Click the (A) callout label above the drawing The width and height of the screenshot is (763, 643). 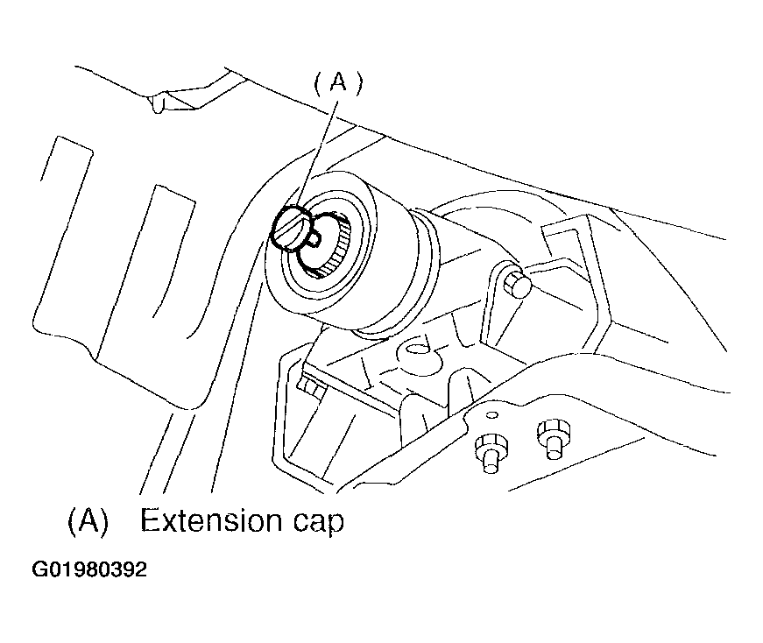pyautogui.click(x=339, y=82)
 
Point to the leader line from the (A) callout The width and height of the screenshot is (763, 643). pyautogui.click(x=317, y=153)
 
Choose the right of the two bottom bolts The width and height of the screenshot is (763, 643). pyautogui.click(x=554, y=439)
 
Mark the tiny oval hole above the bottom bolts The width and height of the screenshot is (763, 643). pyautogui.click(x=492, y=414)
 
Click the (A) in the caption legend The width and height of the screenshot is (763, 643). pyautogui.click(x=88, y=521)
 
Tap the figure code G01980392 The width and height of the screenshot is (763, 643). pyautogui.click(x=89, y=569)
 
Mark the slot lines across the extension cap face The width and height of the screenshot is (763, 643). pyautogui.click(x=291, y=229)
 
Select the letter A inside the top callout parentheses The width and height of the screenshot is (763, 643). pyautogui.click(x=339, y=81)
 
